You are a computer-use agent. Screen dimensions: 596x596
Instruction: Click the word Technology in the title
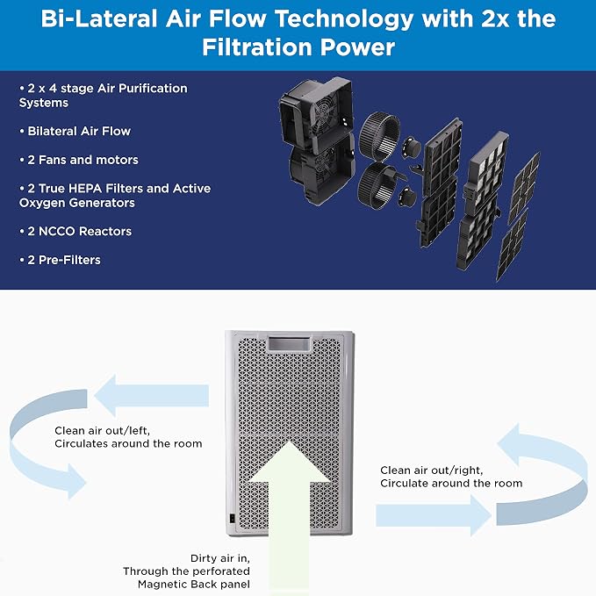pos(343,20)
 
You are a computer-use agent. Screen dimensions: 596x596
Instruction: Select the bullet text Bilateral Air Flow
pos(79,131)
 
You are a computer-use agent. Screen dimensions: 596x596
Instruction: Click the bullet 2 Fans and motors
pos(83,160)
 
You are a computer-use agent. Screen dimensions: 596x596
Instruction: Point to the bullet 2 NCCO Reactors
pos(80,231)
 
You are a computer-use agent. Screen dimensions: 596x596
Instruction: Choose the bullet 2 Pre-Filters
pos(64,260)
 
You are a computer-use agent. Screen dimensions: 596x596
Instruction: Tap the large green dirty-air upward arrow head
pos(290,463)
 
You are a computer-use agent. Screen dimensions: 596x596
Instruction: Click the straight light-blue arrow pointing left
pos(152,395)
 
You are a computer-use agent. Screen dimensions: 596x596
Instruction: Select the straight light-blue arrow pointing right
pos(434,515)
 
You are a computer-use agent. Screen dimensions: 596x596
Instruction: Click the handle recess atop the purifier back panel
pos(290,344)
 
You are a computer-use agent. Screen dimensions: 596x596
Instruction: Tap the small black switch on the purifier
pos(233,519)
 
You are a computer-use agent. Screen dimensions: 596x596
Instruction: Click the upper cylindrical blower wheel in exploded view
pos(379,136)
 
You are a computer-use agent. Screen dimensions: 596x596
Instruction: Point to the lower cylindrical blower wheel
pos(377,186)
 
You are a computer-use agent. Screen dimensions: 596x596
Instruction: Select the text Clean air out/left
pos(102,431)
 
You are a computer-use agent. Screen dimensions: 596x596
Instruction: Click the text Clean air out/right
pos(431,470)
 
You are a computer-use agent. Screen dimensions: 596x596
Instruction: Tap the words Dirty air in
pos(220,558)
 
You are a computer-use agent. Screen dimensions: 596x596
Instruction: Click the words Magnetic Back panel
pos(194,585)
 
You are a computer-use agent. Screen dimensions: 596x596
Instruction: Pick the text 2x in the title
pos(495,19)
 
